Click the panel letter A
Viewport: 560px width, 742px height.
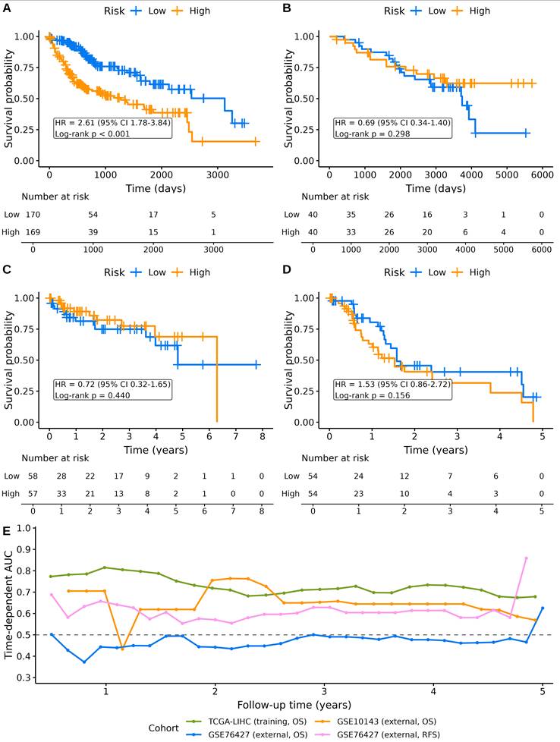[x=7, y=8]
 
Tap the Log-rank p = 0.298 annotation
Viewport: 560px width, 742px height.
[x=372, y=134]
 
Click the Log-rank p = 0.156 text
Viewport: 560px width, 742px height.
[x=372, y=395]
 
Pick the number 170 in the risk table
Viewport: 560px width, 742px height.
[x=33, y=215]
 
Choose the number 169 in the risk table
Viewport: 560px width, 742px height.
[x=33, y=232]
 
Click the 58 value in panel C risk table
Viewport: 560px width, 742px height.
[x=33, y=476]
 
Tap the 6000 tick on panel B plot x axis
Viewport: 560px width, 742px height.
[x=542, y=175]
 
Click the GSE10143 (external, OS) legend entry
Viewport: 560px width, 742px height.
[x=380, y=722]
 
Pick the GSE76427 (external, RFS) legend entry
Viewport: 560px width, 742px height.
[x=382, y=735]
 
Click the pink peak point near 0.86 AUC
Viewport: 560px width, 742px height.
[x=526, y=558]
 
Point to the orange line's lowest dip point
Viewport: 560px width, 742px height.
[x=122, y=649]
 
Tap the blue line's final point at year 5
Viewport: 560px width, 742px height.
[x=543, y=608]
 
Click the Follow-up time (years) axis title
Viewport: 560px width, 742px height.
[x=294, y=705]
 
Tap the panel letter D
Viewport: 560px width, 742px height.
[x=287, y=270]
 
